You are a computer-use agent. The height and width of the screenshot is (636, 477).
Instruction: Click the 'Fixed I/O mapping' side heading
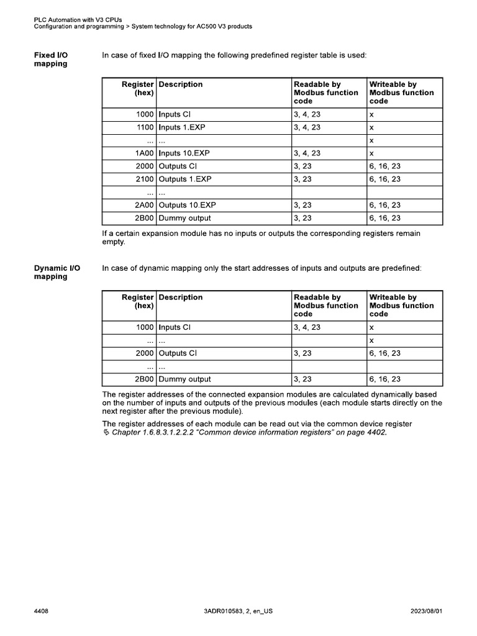tap(51, 60)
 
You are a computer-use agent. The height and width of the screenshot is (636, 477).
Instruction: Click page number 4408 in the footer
tap(42, 612)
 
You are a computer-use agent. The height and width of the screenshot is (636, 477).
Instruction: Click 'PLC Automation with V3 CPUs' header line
tap(78, 20)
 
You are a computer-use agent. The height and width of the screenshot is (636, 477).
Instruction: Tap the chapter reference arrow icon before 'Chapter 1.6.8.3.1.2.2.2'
tap(106, 434)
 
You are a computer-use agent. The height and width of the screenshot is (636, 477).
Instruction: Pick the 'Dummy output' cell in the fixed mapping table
tap(185, 218)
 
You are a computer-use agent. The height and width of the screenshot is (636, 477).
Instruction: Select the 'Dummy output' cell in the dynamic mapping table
tap(185, 379)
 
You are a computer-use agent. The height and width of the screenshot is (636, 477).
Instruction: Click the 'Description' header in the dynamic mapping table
tap(181, 298)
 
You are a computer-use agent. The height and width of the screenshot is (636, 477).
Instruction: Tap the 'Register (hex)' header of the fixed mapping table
tap(137, 88)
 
